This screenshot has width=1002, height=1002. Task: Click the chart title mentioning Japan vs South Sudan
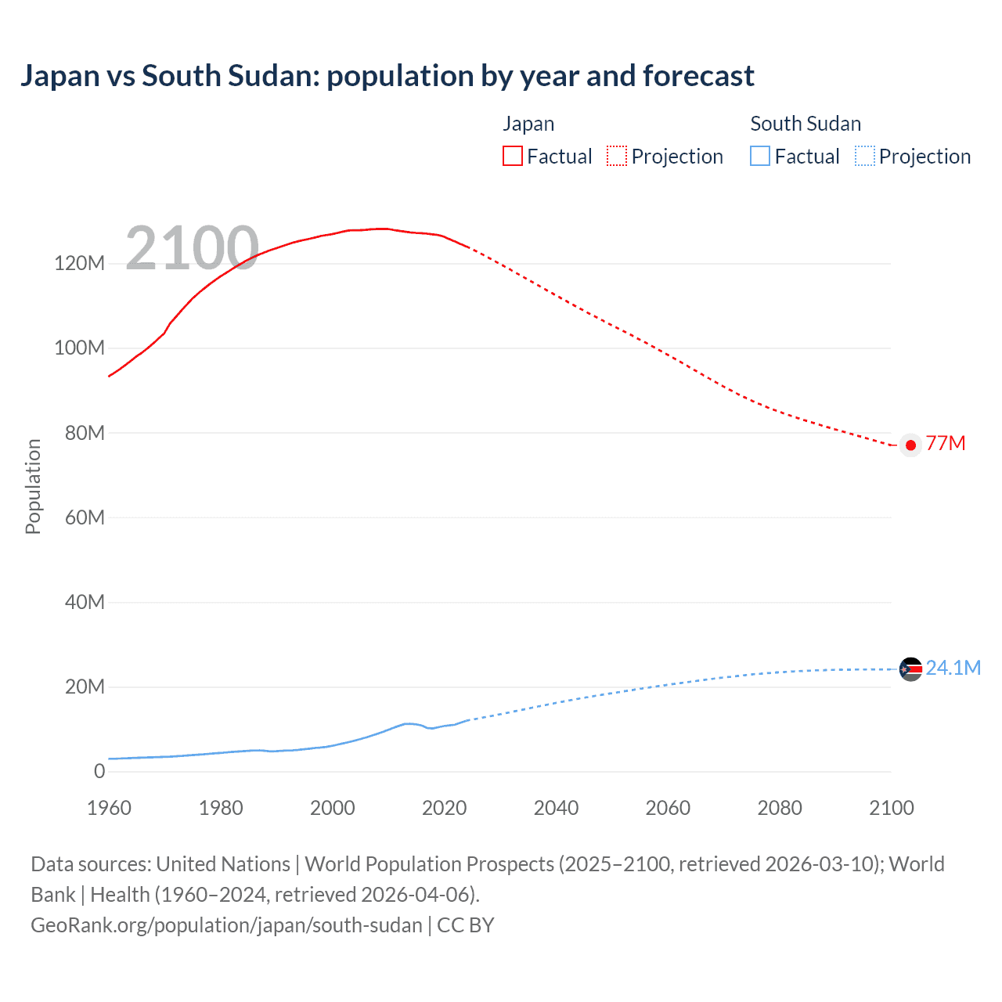tap(387, 76)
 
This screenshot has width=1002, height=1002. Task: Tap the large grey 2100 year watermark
tap(192, 248)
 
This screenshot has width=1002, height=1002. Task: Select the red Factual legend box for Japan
tap(513, 157)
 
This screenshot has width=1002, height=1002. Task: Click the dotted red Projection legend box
tap(617, 157)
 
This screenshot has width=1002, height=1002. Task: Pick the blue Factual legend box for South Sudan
tap(760, 157)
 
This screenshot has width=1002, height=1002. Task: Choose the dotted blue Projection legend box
tap(865, 157)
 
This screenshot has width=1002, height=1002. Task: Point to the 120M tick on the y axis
tap(79, 263)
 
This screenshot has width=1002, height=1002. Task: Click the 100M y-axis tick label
tap(79, 348)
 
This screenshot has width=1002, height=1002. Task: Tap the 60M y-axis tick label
tap(84, 517)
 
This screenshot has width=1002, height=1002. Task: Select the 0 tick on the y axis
tap(99, 772)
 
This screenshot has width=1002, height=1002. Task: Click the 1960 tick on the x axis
tap(109, 808)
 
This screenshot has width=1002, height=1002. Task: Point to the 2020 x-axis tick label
tap(444, 808)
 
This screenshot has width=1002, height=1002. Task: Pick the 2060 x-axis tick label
tap(668, 808)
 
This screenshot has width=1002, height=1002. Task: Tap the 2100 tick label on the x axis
tap(891, 808)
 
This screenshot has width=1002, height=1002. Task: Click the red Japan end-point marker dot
tap(910, 445)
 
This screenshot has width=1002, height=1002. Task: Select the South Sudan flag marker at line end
tap(910, 669)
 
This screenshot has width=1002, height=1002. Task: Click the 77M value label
tap(946, 444)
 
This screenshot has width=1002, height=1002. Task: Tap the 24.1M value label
tap(953, 668)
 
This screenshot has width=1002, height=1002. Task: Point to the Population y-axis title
tap(33, 486)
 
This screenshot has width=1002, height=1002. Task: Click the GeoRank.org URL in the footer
tap(226, 925)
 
